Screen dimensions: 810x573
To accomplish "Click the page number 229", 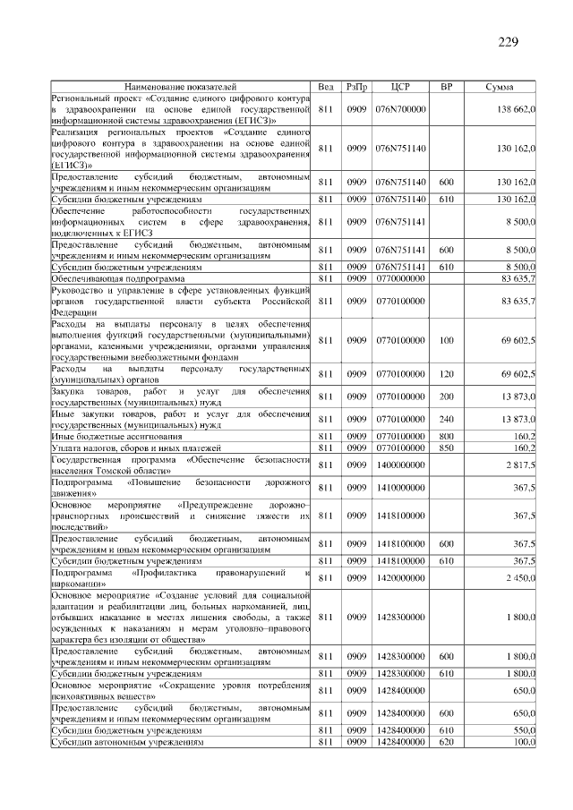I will [509, 42].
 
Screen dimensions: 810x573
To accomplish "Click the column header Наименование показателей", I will [180, 87].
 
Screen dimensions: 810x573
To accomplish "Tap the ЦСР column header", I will [400, 87].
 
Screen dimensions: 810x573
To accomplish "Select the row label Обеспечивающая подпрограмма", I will [107, 278].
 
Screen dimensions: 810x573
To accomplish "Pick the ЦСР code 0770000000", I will [400, 278].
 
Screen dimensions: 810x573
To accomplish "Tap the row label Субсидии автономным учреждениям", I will [127, 743].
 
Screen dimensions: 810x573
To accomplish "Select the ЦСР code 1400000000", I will [400, 465].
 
